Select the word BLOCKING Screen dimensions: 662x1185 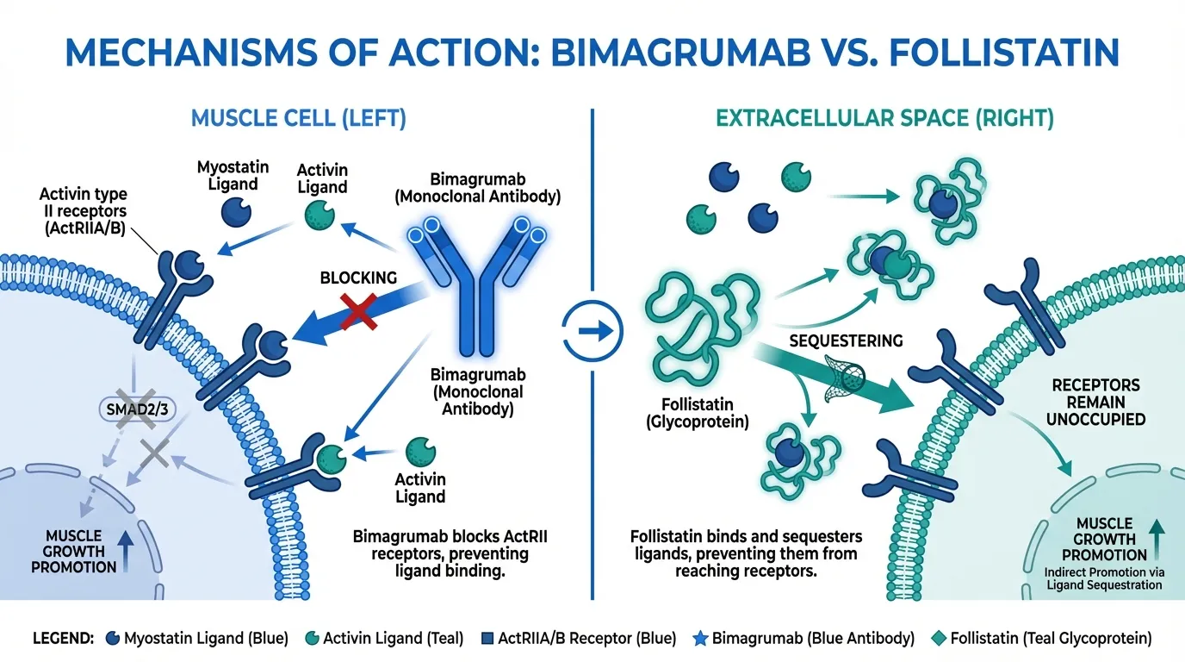[358, 278]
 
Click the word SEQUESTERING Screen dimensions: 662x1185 [846, 341]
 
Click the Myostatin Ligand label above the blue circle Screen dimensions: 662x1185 [232, 175]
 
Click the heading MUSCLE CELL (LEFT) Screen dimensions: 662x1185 [298, 118]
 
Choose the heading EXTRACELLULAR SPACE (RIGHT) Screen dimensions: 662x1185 [884, 118]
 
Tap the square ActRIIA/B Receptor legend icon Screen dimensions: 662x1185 [487, 639]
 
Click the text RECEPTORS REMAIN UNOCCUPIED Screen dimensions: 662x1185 [1095, 402]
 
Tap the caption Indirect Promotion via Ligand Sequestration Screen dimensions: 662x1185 [1104, 578]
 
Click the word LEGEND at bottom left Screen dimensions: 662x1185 [63, 639]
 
